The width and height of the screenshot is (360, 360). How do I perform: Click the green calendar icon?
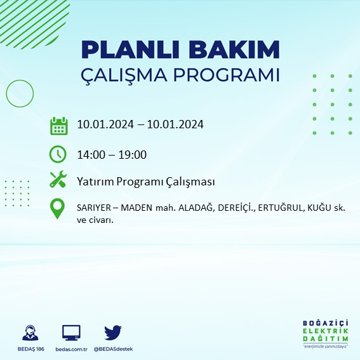pyautogui.click(x=58, y=126)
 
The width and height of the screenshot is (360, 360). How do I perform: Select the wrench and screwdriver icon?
pyautogui.click(x=58, y=180)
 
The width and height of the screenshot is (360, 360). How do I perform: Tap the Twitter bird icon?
pyautogui.click(x=113, y=332)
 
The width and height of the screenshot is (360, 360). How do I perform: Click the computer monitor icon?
pyautogui.click(x=71, y=332)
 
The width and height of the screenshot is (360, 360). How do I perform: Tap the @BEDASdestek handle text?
pyautogui.click(x=113, y=349)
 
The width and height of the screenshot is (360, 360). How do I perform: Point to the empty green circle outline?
pyautogui.click(x=20, y=93)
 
